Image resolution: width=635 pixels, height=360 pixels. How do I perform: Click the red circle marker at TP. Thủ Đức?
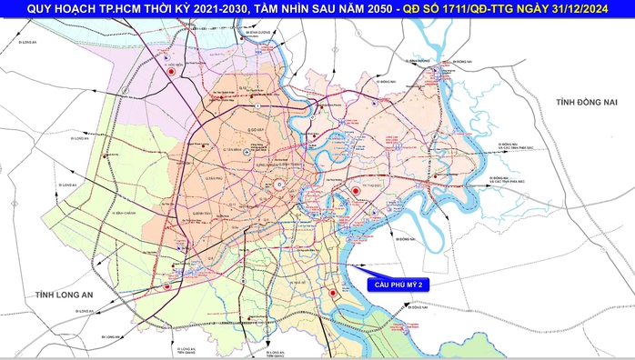coord(354,190)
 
